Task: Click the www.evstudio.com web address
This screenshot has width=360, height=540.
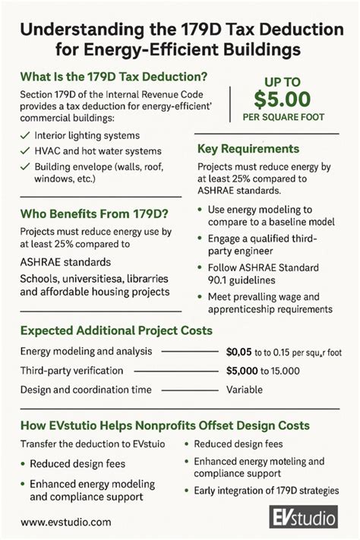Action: (x=66, y=522)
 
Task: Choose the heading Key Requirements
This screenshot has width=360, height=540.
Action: (x=248, y=149)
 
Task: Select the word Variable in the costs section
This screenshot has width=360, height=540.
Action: (x=245, y=389)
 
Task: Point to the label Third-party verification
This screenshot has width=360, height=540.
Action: (x=71, y=370)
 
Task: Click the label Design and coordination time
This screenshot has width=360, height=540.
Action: (x=86, y=389)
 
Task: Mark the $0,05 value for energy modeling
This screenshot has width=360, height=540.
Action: (x=243, y=351)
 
